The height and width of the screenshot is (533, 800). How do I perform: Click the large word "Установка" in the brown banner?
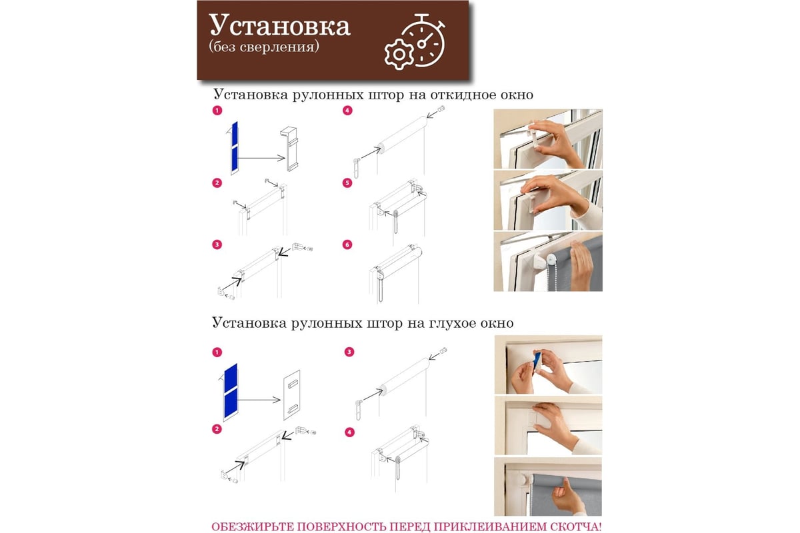[279, 25]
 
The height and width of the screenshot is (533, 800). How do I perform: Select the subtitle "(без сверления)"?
[264, 47]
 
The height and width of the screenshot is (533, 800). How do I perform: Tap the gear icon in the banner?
[399, 55]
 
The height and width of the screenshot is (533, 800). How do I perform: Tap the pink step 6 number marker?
[347, 245]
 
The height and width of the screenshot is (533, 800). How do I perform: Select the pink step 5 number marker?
[347, 183]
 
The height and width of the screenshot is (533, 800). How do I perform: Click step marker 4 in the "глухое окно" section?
[349, 432]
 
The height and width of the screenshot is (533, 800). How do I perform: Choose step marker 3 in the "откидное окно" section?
[217, 245]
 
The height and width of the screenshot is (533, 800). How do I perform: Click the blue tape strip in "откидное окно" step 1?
[235, 147]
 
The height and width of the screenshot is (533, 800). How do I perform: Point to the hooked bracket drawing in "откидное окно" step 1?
[289, 149]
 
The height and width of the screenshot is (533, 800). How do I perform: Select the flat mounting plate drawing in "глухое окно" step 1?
[292, 395]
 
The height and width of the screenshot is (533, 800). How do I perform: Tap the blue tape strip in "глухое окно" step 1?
[231, 391]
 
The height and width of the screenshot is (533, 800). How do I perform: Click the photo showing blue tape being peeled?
[548, 364]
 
